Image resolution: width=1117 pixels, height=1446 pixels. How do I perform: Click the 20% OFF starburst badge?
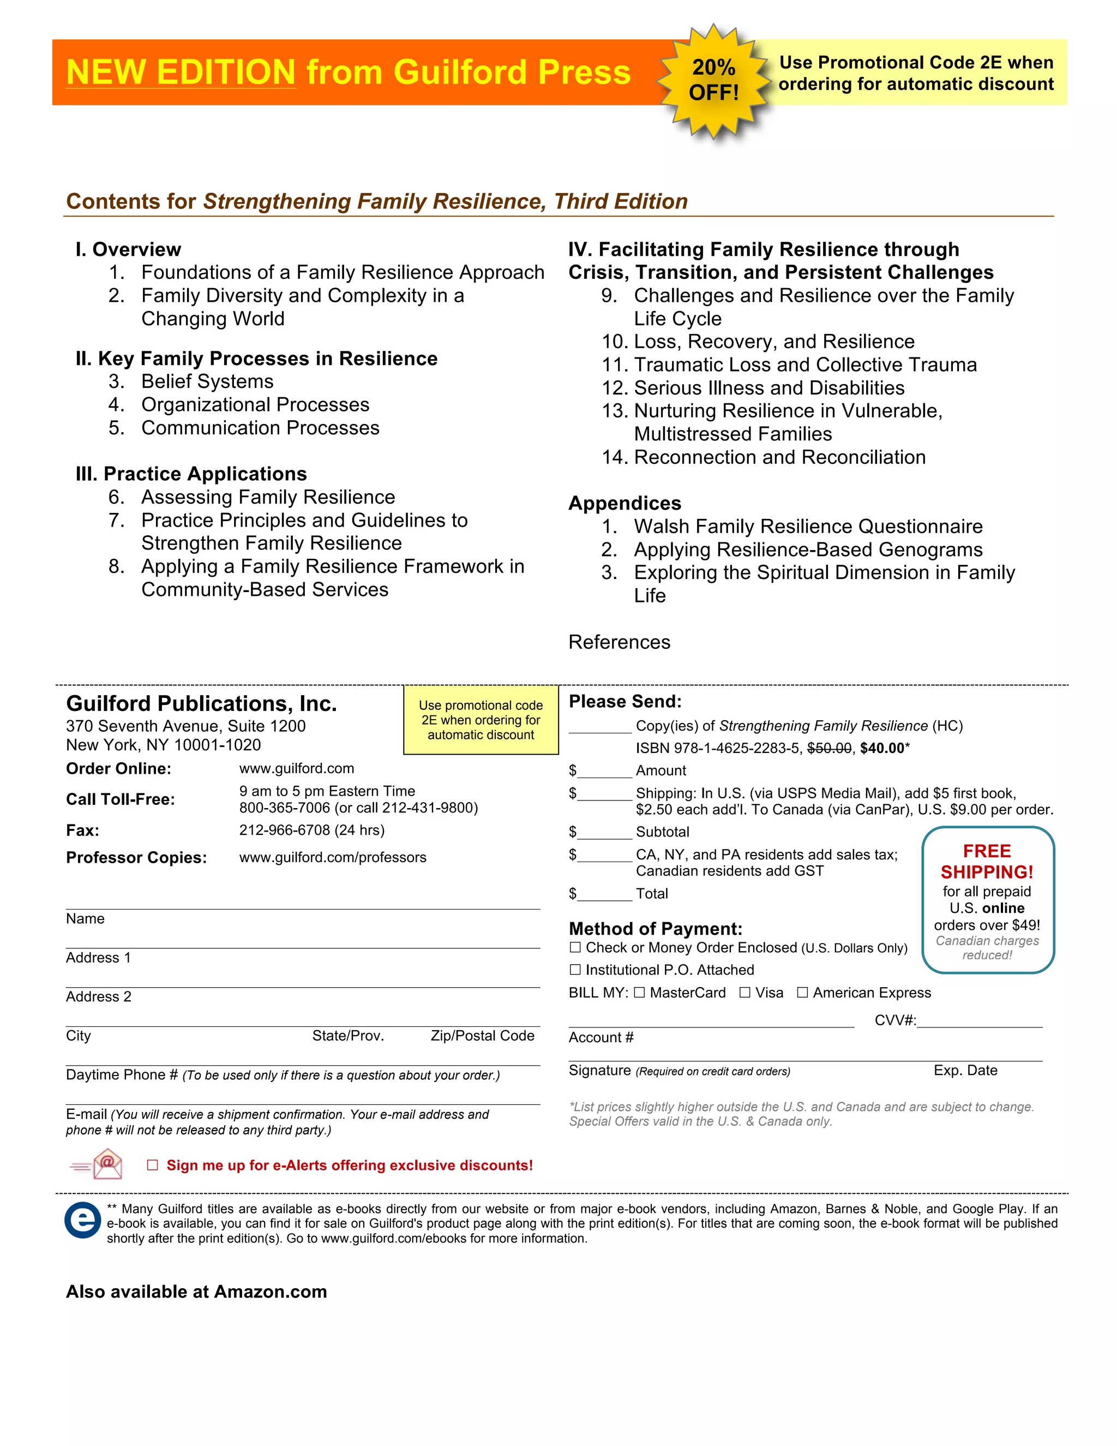[x=713, y=80]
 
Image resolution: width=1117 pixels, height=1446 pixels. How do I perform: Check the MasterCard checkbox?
[x=639, y=993]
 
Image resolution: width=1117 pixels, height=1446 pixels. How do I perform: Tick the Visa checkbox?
[x=745, y=993]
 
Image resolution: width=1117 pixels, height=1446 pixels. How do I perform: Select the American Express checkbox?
[x=803, y=993]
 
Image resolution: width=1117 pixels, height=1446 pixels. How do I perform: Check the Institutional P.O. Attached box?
[x=575, y=970]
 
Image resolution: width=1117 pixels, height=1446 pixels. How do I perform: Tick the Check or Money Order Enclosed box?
[x=575, y=947]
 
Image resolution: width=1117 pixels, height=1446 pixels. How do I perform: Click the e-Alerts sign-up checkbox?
[x=152, y=1166]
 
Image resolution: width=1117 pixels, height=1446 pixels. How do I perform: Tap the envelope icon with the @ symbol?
[x=106, y=1164]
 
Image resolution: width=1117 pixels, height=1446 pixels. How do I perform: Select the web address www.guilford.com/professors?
[x=333, y=857]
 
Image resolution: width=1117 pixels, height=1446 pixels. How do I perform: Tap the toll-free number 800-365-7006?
[x=285, y=808]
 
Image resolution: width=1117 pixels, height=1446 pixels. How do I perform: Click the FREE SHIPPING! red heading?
[x=987, y=862]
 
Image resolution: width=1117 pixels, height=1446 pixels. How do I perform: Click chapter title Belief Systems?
[x=207, y=381]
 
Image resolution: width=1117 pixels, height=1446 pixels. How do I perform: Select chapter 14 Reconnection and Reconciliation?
[x=779, y=457]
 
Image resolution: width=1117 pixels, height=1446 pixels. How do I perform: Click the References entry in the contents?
[x=620, y=642]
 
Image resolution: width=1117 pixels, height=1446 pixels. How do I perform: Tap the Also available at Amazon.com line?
[x=196, y=1292]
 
